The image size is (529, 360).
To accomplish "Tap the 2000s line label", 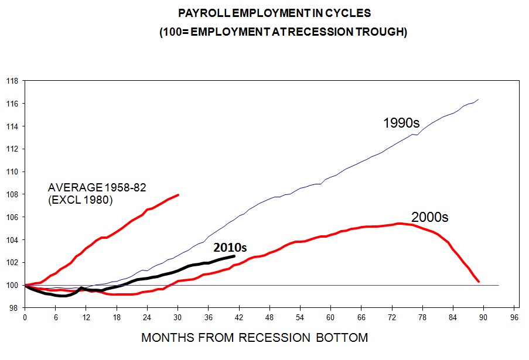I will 429,217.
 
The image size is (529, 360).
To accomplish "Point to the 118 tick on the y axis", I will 11,81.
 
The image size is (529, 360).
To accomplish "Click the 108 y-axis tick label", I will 11,194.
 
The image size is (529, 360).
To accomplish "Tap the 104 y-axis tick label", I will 11,240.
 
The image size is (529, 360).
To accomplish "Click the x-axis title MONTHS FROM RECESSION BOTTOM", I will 254,338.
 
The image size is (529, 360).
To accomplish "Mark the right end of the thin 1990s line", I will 479,100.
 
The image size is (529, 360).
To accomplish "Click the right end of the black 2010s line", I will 234,256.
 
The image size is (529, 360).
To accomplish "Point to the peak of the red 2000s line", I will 400,223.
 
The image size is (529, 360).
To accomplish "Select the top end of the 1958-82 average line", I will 178,194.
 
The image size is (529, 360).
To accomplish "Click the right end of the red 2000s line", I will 479,282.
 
